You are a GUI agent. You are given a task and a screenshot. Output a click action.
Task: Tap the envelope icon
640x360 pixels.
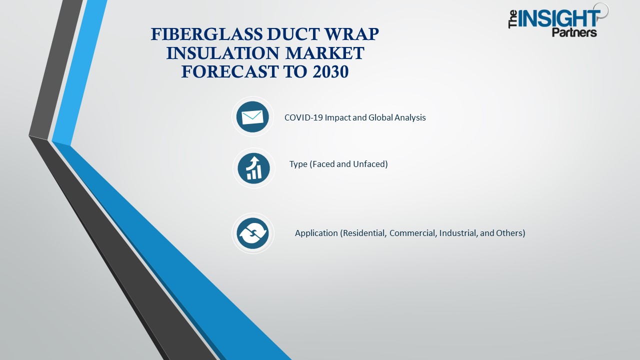[252, 117]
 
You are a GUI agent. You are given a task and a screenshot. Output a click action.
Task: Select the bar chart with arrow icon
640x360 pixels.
[253, 168]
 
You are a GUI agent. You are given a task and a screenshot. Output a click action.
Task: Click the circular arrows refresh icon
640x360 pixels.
[253, 233]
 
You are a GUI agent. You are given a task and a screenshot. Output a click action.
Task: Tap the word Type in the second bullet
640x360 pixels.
[298, 164]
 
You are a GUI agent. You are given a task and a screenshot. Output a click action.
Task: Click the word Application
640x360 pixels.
[316, 233]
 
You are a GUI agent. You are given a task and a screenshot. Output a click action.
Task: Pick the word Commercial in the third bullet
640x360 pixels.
[412, 233]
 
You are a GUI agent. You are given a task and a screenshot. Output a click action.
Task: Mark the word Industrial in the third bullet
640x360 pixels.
[458, 233]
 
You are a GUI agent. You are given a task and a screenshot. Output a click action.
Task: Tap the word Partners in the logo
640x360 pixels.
[574, 33]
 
